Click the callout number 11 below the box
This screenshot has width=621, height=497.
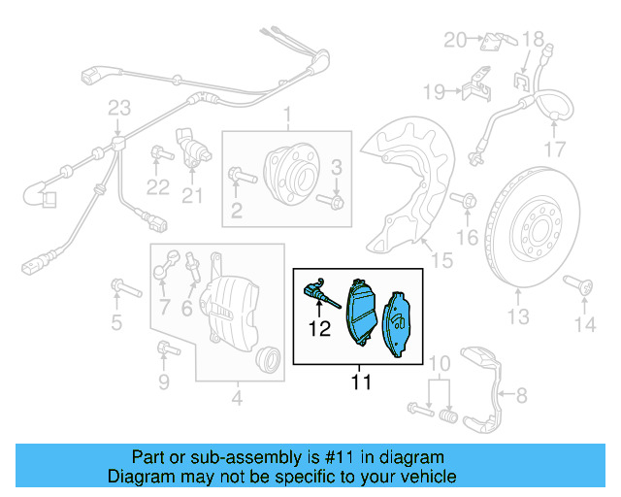pyautogui.click(x=361, y=382)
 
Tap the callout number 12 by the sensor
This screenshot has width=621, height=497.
pyautogui.click(x=320, y=328)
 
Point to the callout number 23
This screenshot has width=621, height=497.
pyautogui.click(x=118, y=107)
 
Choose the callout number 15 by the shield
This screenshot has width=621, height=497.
pyautogui.click(x=441, y=259)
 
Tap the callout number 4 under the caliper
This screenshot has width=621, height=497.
pyautogui.click(x=237, y=396)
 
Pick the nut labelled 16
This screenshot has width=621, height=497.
pyautogui.click(x=467, y=202)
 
